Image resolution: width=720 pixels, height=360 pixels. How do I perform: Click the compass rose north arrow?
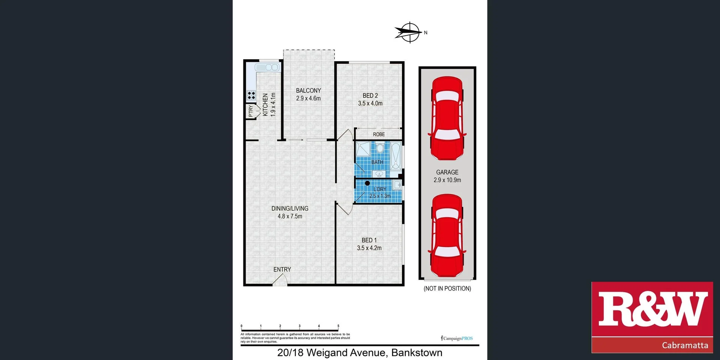click(x=409, y=32)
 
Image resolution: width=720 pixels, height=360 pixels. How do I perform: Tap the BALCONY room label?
click(x=308, y=90)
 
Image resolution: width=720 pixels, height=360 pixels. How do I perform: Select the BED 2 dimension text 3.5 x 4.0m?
click(x=370, y=103)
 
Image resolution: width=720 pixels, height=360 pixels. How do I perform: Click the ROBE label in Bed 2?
click(x=379, y=134)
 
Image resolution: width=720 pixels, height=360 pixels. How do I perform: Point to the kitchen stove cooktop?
click(x=251, y=95)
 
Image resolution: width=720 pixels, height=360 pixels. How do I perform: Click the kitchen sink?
click(x=267, y=67)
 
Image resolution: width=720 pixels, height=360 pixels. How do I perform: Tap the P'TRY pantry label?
click(x=250, y=111)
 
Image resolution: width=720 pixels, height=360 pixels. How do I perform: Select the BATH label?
click(x=377, y=162)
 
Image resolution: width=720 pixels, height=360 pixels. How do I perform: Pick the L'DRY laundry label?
click(x=380, y=189)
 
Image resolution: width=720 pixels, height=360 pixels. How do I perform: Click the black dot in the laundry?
click(x=367, y=183)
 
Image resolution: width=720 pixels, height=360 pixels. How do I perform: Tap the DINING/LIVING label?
click(x=290, y=208)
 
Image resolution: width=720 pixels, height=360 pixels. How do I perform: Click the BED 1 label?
click(x=369, y=240)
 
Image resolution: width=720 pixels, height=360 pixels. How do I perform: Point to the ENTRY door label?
click(x=282, y=269)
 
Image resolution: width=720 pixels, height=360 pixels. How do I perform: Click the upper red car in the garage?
click(x=447, y=118)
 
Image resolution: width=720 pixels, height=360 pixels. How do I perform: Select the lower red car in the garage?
click(x=447, y=235)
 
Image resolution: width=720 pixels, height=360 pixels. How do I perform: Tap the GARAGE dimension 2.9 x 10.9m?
click(x=447, y=180)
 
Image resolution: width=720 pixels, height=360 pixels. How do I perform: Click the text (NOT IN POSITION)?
click(x=447, y=288)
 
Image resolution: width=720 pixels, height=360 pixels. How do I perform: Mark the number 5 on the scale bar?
click(x=338, y=326)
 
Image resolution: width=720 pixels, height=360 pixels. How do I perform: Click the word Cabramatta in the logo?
click(x=685, y=345)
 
